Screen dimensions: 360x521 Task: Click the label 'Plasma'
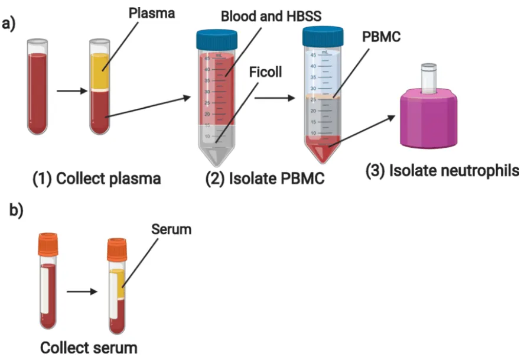152,13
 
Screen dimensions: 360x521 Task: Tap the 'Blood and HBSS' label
271,16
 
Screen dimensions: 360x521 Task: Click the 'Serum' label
172,228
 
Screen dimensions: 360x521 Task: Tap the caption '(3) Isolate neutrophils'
442,171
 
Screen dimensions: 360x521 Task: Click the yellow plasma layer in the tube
100,71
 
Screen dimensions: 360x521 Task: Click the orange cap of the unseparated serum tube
48,244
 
